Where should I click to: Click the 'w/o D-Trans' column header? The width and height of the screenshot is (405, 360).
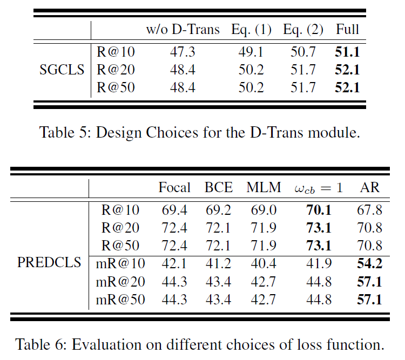pos(183,30)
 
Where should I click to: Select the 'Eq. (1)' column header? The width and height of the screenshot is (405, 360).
pos(251,30)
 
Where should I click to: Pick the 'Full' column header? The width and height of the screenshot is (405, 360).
pos(347,30)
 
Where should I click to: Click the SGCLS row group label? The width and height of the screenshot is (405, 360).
pos(63,70)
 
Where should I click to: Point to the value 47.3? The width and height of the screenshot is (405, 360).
pos(183,52)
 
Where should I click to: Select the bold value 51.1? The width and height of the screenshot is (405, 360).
pos(347,52)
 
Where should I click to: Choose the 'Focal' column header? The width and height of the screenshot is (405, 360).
pos(174,187)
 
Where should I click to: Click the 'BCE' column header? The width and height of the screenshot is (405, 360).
pos(219,187)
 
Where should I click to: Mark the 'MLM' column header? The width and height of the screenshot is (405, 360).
pos(264,187)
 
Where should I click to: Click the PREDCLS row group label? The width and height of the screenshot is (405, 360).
pos(49,263)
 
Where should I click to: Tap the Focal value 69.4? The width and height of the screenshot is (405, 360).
pos(174,210)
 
